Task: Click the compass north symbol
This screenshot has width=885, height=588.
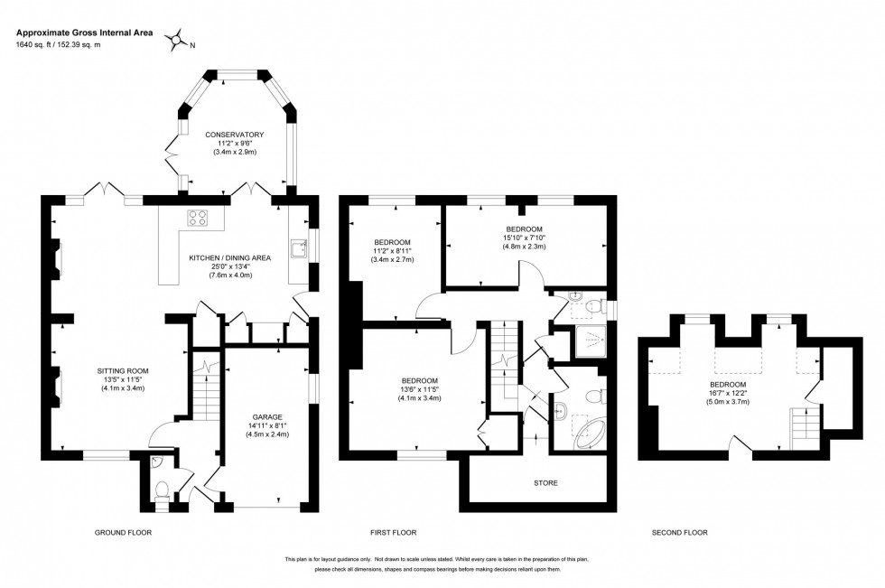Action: [180, 38]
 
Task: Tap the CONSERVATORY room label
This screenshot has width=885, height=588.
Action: [234, 135]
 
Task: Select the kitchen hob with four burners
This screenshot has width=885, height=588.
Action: [199, 217]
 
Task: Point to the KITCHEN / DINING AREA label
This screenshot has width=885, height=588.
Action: [229, 258]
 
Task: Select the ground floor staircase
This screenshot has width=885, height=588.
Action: [206, 388]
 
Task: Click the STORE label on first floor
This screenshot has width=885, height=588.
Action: [545, 483]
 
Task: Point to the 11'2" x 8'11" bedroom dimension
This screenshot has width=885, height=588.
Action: [393, 252]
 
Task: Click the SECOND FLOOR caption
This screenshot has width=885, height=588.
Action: [679, 533]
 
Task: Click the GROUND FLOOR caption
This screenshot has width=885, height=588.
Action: [124, 533]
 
